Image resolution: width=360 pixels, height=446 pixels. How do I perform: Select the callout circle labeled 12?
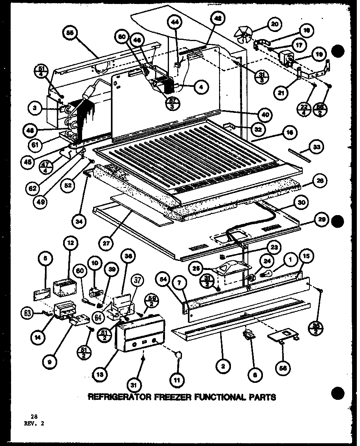pyautogui.click(x=71, y=244)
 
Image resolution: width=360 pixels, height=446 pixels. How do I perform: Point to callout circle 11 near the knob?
pyautogui.click(x=176, y=380)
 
